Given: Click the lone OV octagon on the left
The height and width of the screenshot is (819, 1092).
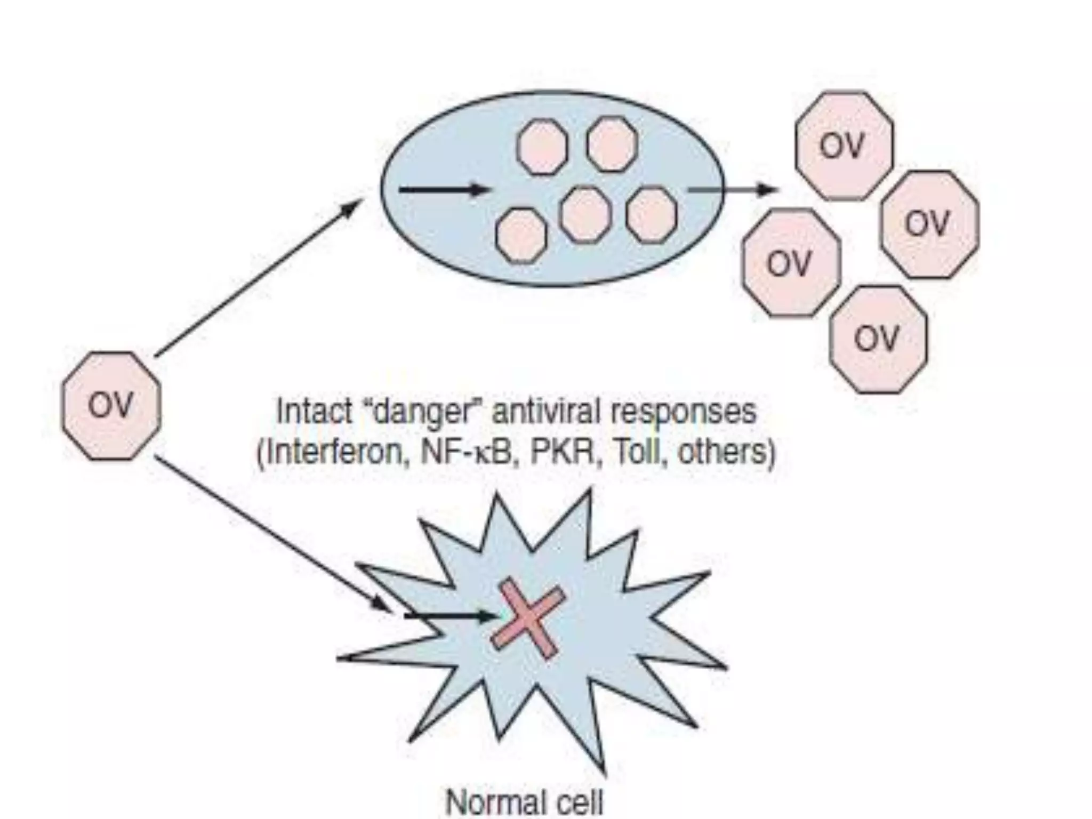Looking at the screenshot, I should point(111,406).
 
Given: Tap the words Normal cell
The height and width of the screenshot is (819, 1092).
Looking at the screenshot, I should point(525,803).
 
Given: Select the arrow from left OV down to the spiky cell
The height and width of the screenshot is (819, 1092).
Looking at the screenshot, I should point(272,533).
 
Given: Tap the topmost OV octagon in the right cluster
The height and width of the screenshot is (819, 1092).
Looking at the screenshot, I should point(844,146).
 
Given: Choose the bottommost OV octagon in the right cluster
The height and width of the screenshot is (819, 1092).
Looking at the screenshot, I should point(878,339).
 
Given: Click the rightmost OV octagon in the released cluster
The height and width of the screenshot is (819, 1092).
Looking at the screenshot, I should point(929,224).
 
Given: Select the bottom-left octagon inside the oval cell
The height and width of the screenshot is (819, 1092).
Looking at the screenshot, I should point(521,235).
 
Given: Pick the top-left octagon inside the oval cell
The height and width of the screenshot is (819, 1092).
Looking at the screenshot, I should point(543,147).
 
